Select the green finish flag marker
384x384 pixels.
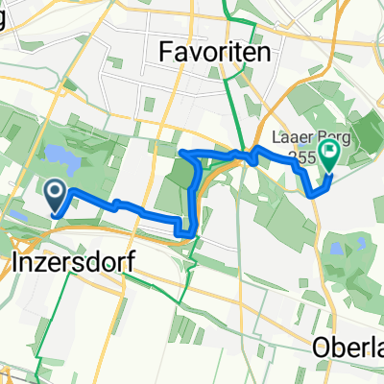(x=330, y=153)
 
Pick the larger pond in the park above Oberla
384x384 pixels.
(x=337, y=249)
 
